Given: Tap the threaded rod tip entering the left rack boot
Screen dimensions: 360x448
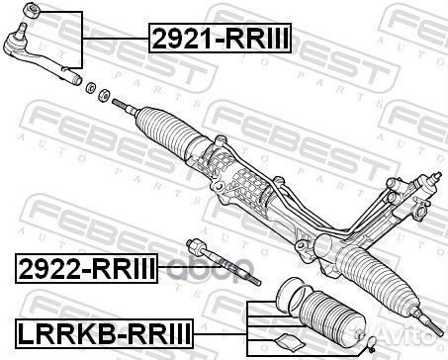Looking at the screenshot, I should click(x=120, y=102).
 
